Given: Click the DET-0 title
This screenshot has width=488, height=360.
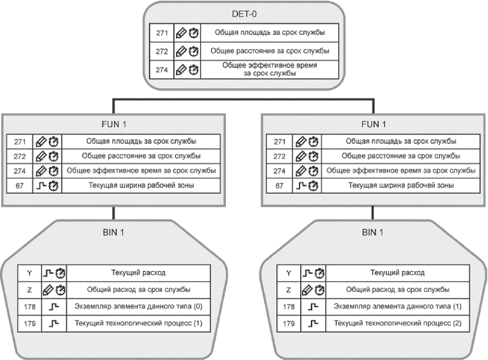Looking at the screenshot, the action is pos(244,14).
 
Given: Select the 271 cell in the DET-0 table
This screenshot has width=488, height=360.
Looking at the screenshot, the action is pos(162,33).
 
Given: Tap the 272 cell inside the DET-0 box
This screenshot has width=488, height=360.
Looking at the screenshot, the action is pos(162,51).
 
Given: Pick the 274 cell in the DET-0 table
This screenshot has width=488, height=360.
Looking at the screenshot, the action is pos(162,70).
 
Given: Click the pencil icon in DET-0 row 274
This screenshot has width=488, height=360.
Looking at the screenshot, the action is pos(181,70).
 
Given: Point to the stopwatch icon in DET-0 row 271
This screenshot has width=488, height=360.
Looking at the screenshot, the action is pos(194,33).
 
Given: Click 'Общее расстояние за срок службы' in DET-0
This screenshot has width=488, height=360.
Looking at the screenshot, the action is pos(270,50).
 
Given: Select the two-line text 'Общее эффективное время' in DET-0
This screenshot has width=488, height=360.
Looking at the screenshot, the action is pos(270,69).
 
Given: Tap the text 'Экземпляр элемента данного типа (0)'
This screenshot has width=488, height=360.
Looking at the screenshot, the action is pos(138,307).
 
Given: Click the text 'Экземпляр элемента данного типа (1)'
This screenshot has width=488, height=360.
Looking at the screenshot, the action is pos(398,307).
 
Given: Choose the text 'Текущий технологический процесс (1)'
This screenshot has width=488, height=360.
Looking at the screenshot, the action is pos(138,323).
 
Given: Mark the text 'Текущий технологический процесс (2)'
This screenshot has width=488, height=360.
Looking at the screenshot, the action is pos(398,323).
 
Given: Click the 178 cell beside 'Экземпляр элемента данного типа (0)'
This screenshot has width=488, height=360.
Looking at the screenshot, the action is pos(30,307).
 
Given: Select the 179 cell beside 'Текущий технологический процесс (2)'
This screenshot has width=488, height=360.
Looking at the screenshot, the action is pos(289,324).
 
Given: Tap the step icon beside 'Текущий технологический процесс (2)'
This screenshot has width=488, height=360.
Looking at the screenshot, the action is pos(313,324).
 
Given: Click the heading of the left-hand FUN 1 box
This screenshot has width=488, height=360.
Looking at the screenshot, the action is pos(114,125).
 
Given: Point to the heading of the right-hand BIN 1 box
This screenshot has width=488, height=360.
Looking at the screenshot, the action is pos(373,232).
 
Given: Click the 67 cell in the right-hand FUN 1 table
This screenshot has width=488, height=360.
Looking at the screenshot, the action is pos(279,186).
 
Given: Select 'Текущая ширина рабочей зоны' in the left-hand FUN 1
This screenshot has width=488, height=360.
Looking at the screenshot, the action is pos(141,185).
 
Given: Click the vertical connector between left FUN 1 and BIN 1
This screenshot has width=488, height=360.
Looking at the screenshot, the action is pos(114,213).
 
